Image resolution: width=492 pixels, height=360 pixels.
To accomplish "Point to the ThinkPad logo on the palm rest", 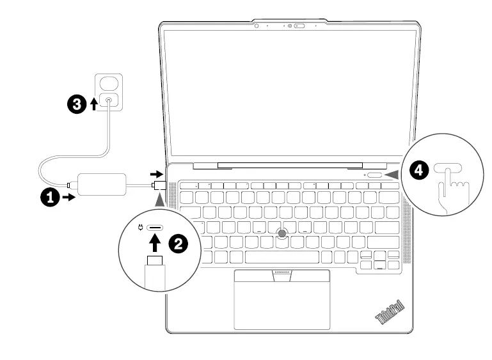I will [x=388, y=311].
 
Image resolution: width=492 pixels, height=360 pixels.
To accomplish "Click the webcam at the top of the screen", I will [x=290, y=26].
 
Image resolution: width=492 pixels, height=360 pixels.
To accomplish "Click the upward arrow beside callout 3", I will [x=95, y=104].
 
